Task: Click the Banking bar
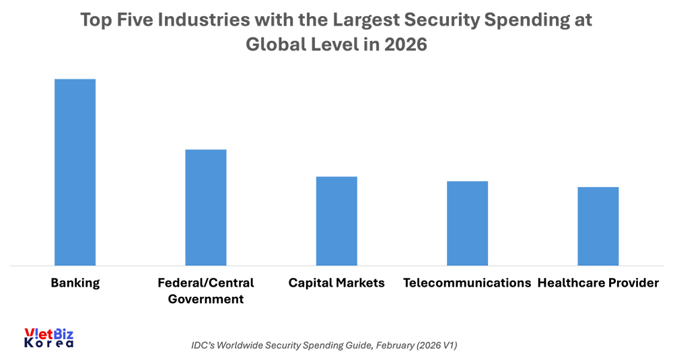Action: (75, 172)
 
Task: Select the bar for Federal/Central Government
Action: (206, 207)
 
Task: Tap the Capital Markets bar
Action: (336, 221)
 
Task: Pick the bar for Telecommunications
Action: (468, 223)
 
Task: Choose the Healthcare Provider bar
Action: (598, 226)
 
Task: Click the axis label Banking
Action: (75, 283)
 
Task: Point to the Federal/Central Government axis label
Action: (206, 291)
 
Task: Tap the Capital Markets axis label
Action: (336, 283)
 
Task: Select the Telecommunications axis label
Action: (467, 283)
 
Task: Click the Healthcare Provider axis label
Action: (598, 283)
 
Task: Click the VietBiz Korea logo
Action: (48, 338)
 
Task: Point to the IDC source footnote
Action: (324, 345)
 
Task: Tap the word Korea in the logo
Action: (48, 343)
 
